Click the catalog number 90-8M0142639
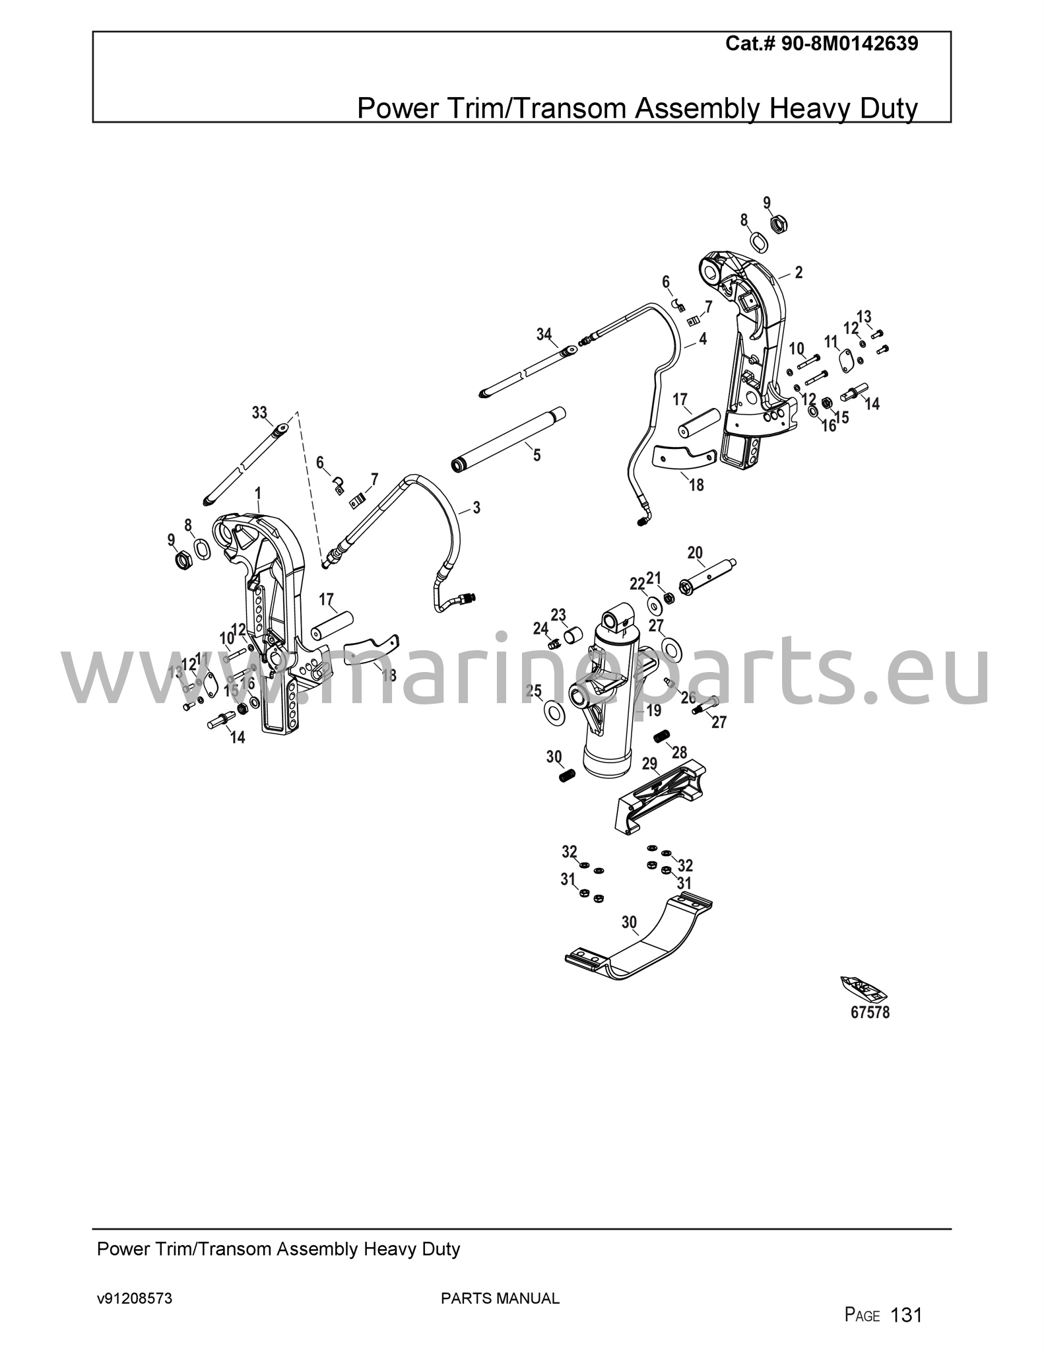point(849,44)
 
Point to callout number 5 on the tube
point(537,455)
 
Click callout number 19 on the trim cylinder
point(653,710)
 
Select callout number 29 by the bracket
point(650,764)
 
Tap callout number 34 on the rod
point(544,335)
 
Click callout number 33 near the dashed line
point(259,413)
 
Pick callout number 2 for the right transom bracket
point(799,272)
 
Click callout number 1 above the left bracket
point(258,493)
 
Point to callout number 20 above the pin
point(695,553)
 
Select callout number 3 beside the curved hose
point(476,508)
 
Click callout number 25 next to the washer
point(533,691)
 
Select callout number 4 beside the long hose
point(703,339)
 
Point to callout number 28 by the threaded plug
point(680,752)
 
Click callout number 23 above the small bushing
point(558,616)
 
